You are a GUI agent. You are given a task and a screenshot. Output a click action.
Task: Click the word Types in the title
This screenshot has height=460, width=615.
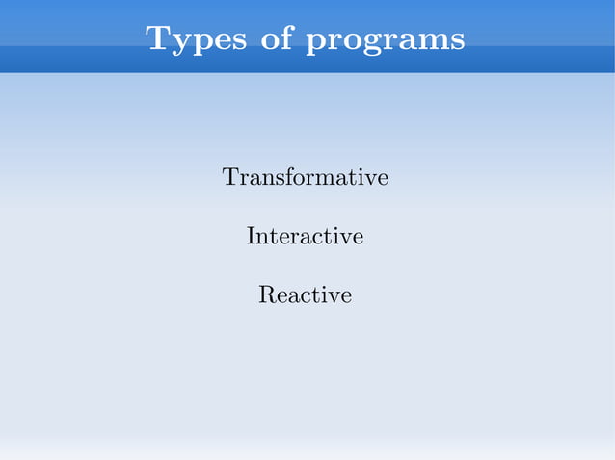point(191,39)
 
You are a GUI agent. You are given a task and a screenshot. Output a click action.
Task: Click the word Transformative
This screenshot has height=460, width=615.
point(306,178)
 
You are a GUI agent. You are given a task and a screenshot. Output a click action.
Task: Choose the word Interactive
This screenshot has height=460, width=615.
point(305,236)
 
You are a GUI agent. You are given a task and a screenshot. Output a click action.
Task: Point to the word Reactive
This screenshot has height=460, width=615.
point(305,294)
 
